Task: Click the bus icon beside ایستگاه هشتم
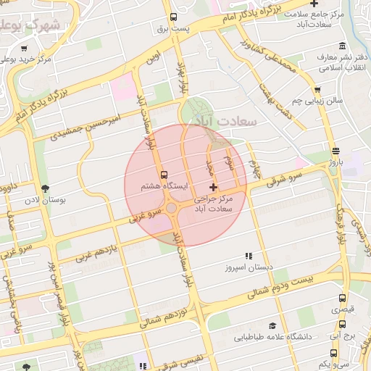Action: [164, 175]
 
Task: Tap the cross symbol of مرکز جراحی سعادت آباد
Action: [212, 187]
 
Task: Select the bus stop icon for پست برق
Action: [172, 17]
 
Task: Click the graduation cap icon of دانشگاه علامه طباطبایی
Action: [272, 326]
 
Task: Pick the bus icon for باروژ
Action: [334, 151]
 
